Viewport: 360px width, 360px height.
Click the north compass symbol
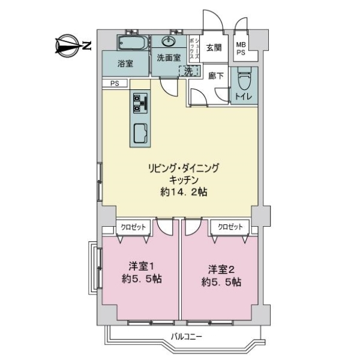[73, 46]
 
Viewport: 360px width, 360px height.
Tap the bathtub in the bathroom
[133, 43]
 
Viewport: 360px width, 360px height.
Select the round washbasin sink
[169, 41]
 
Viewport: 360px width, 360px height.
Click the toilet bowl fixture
[245, 79]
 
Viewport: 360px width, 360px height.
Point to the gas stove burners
[140, 103]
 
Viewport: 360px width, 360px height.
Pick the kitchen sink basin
[140, 133]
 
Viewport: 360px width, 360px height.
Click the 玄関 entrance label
[214, 48]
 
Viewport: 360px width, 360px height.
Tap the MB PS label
[241, 49]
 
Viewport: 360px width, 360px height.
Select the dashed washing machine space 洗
[188, 71]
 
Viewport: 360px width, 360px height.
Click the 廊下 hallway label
[216, 76]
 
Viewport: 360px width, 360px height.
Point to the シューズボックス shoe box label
[194, 49]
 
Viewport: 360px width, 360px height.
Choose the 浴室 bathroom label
[125, 64]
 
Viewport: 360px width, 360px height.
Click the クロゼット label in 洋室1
[133, 227]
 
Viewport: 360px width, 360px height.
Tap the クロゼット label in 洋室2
[230, 227]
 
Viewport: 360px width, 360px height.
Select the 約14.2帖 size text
[184, 192]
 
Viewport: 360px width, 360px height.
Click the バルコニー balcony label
[186, 337]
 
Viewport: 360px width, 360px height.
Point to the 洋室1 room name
[141, 266]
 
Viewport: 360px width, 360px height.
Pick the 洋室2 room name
[221, 269]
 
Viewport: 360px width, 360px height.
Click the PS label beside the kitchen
[115, 83]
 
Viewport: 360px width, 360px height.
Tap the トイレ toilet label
[244, 97]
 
